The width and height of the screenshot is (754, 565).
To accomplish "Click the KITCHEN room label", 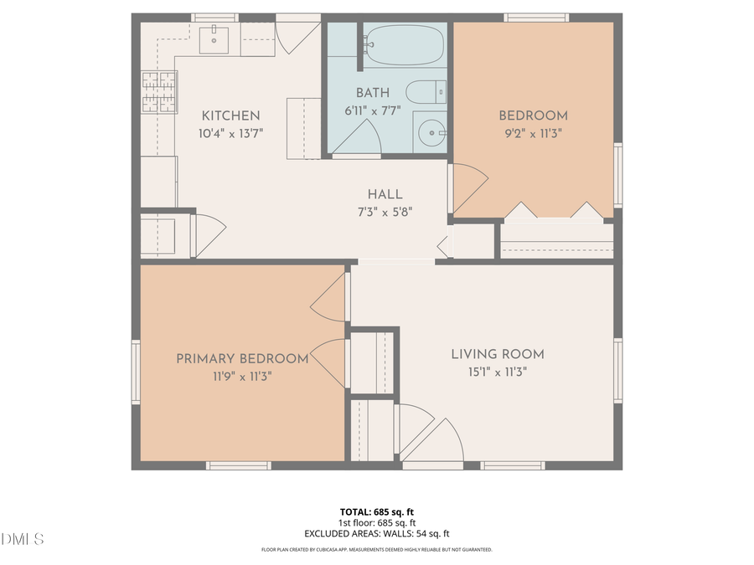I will (x=230, y=116).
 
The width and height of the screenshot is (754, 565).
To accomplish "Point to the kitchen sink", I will (x=217, y=37).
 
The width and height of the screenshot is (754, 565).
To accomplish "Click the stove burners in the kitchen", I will (x=159, y=92).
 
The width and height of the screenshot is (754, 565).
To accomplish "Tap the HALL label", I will (x=385, y=194).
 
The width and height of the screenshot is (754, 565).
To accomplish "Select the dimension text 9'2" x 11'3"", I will (x=533, y=132).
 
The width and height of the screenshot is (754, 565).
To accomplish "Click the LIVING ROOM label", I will (x=498, y=354).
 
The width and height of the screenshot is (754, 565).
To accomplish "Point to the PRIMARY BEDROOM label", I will (x=242, y=359).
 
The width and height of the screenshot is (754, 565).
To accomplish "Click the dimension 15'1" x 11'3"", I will (x=498, y=372).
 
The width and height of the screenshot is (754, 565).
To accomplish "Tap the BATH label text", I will (x=373, y=92).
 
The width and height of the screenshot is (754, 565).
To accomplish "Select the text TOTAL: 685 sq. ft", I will (x=376, y=511).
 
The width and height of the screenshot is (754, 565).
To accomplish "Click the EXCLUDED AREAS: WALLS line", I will (x=376, y=533).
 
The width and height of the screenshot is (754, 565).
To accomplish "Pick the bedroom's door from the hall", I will (x=467, y=188).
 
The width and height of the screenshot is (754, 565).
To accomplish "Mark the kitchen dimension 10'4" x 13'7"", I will (x=230, y=132).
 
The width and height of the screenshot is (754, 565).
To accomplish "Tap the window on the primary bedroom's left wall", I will (x=136, y=372).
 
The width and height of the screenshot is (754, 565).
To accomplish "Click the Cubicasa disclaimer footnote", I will (x=376, y=550).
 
